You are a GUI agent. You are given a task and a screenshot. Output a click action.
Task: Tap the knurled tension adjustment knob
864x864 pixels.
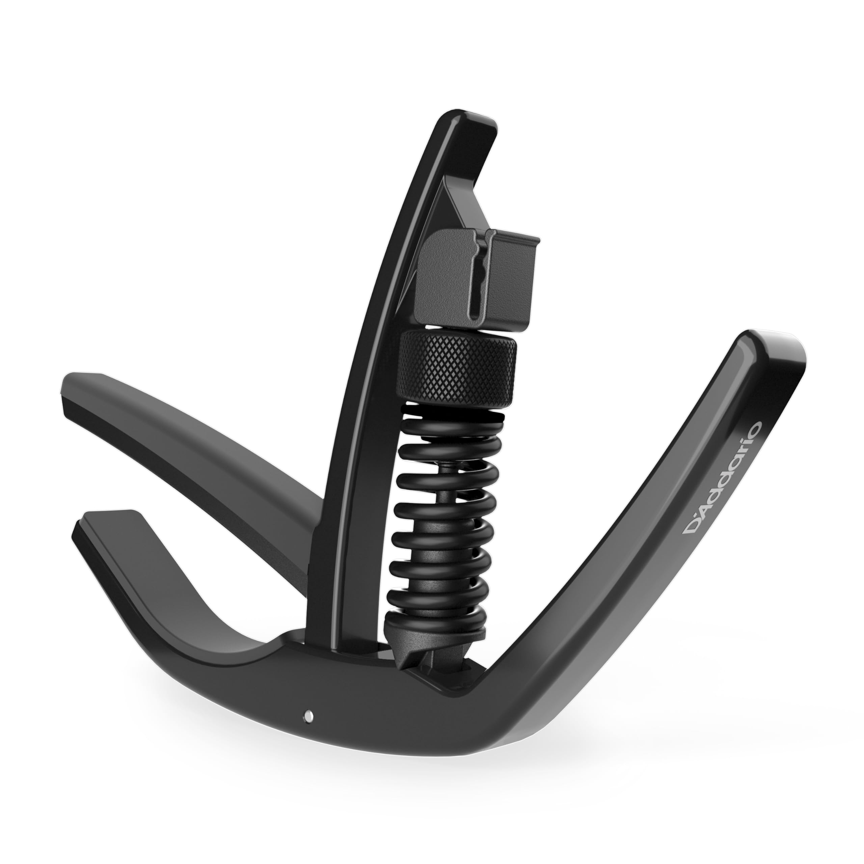click(458, 369)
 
